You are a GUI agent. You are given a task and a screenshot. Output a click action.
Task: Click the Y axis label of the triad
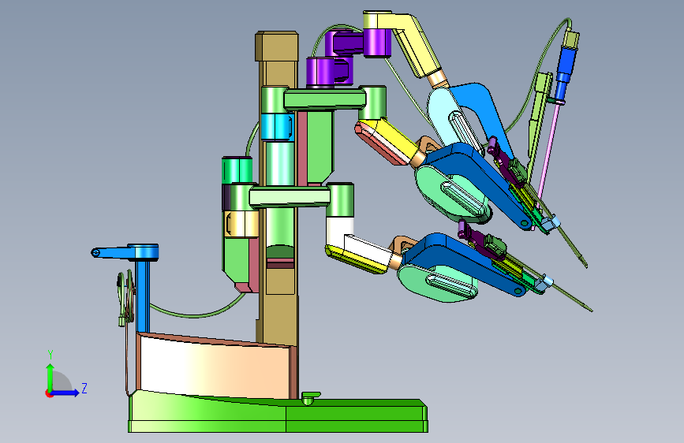coord(50,355)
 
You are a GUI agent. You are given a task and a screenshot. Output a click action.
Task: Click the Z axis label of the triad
coord(84,388)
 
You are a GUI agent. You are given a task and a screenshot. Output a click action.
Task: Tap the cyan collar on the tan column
coord(278,126)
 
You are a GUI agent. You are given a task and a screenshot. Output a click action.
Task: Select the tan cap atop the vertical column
coord(277,46)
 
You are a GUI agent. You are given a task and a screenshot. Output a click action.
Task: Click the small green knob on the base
coord(310,397)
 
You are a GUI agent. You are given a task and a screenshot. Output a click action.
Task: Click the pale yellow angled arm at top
coord(406,42)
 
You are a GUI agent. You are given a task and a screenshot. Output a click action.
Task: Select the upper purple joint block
coord(362,43)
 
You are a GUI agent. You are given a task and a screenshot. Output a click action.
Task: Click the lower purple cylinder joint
coord(328,72)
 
